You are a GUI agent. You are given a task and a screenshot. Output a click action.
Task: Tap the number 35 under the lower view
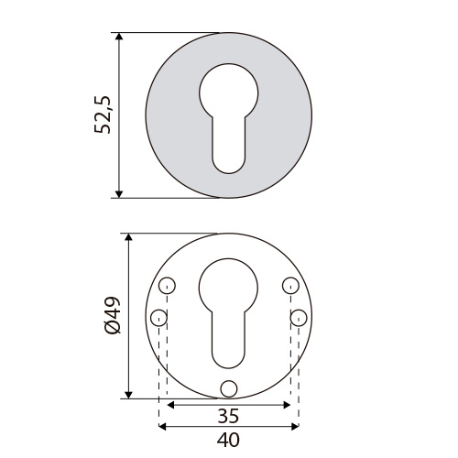point(228,416)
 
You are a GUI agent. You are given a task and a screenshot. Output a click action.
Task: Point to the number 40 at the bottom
point(228,440)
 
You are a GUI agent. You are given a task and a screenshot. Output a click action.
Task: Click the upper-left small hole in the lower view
point(166,286)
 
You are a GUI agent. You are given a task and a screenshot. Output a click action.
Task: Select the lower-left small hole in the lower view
point(158,318)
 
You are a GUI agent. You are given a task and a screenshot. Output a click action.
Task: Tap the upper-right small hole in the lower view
point(290,286)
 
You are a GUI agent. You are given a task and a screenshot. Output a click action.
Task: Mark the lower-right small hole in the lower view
point(298,318)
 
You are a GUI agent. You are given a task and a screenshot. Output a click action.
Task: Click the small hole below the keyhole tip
point(228,387)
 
